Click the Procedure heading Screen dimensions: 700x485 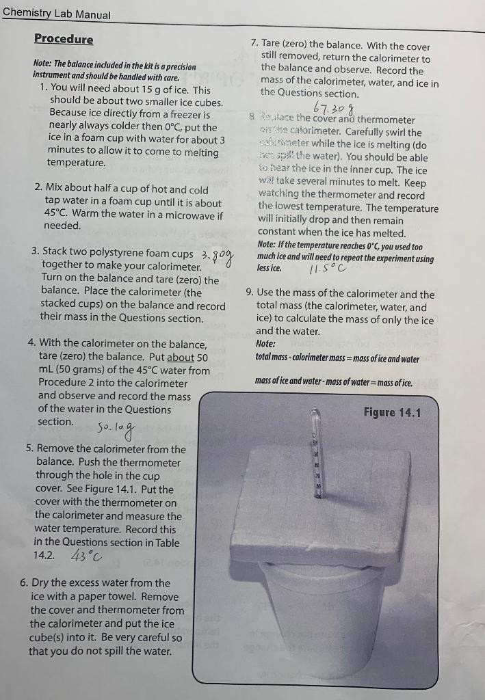(x=64, y=39)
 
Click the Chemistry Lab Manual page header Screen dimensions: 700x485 (x=56, y=14)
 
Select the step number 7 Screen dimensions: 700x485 (x=254, y=46)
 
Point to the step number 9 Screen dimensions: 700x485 (x=250, y=295)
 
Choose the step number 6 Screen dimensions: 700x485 (x=24, y=583)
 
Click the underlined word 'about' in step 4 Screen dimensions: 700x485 (x=181, y=357)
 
